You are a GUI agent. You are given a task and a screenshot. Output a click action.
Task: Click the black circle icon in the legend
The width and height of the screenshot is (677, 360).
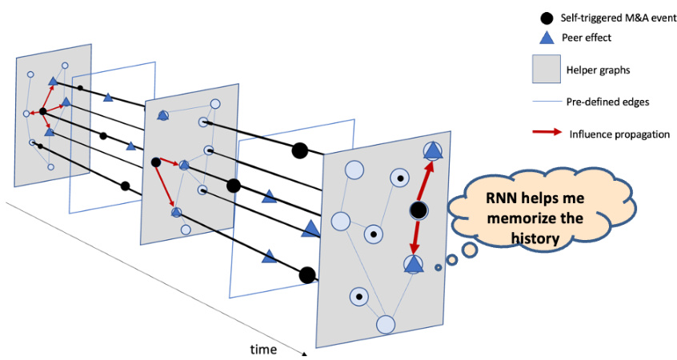(547, 18)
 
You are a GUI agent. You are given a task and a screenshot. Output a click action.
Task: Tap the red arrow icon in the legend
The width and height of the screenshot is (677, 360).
(547, 134)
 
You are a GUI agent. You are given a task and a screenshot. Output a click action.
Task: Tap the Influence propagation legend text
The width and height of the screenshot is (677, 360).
(619, 134)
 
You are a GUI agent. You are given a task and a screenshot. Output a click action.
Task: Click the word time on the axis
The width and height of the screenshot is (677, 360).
(263, 350)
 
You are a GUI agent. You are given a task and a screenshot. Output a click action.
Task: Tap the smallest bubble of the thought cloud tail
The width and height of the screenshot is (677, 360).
(438, 267)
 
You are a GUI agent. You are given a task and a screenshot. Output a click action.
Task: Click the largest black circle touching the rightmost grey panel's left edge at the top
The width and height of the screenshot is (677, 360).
(299, 150)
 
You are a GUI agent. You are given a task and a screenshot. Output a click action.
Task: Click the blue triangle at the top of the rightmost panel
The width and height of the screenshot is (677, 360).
(432, 150)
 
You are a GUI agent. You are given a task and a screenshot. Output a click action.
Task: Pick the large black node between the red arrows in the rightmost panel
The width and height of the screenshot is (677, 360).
(418, 210)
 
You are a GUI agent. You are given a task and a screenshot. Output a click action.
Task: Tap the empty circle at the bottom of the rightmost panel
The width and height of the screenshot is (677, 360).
(387, 325)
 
